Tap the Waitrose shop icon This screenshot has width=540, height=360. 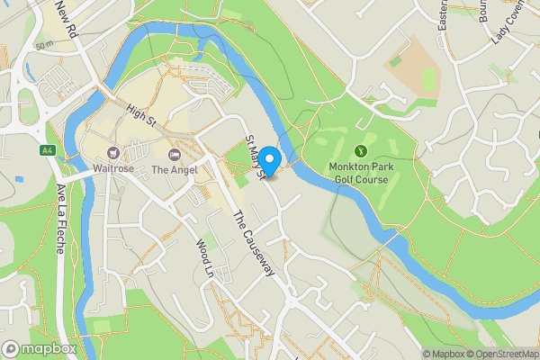pos(113,154)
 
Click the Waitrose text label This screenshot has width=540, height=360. pos(113,169)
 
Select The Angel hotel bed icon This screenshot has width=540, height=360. pos(173,154)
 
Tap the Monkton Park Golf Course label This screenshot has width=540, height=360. pos(358,173)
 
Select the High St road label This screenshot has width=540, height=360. pos(141,114)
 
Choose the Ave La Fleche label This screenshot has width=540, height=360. pos(61,219)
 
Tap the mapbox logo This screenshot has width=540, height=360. pos(40,348)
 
